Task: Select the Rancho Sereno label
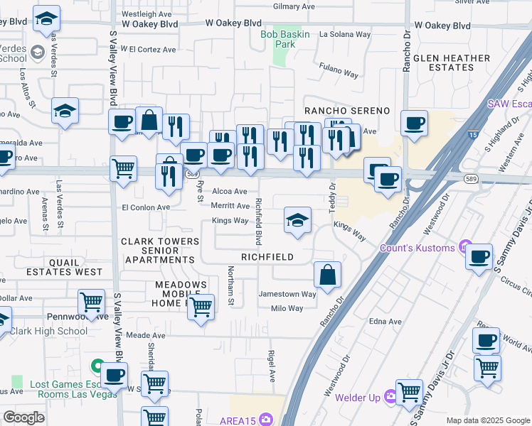pyautogui.click(x=347, y=111)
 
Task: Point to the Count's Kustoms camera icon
pyautogui.click(x=466, y=248)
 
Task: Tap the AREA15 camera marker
pyautogui.click(x=267, y=418)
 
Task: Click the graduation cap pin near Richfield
pyautogui.click(x=297, y=219)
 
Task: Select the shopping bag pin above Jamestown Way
pyautogui.click(x=327, y=275)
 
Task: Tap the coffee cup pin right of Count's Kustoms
pyautogui.click(x=479, y=254)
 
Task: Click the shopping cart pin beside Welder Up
pyautogui.click(x=409, y=391)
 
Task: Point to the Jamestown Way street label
pyautogui.click(x=287, y=294)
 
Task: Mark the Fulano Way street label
pyautogui.click(x=338, y=72)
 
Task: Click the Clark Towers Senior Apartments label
pyautogui.click(x=160, y=251)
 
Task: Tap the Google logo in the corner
pyautogui.click(x=23, y=417)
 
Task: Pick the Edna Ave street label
pyautogui.click(x=385, y=322)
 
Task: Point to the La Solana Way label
pyautogui.click(x=345, y=33)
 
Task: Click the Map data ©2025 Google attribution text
pyautogui.click(x=487, y=420)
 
